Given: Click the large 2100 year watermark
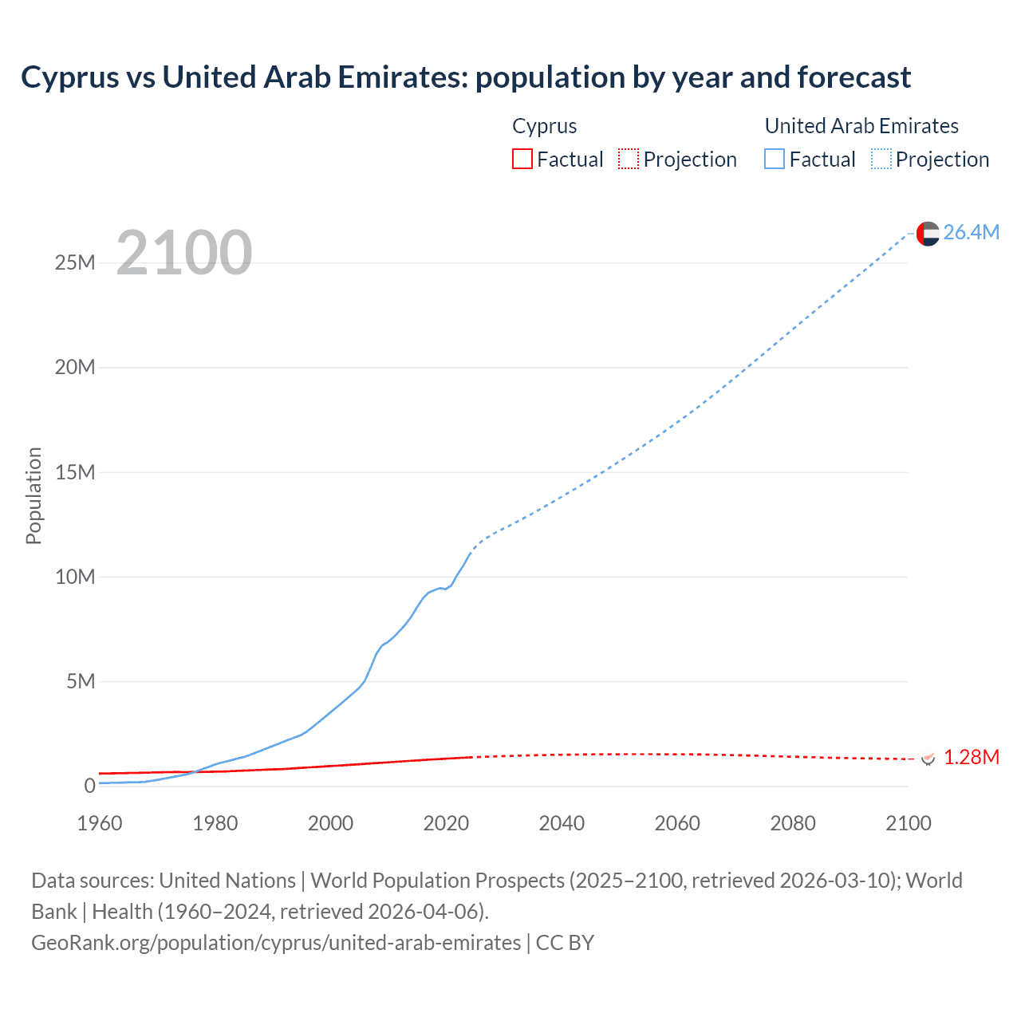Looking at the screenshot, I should (x=184, y=253).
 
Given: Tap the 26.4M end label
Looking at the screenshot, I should (x=971, y=232).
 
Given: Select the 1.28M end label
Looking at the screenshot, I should (x=971, y=757).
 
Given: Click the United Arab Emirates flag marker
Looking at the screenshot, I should (x=928, y=233).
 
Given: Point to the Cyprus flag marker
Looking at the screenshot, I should (x=928, y=758).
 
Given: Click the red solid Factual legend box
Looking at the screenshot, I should (x=522, y=159).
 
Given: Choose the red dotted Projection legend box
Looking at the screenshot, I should (x=629, y=159).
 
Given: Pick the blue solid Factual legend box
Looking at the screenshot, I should (x=775, y=159).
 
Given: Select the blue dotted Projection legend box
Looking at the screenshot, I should (x=881, y=159).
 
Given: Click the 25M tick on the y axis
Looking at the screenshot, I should (x=75, y=262).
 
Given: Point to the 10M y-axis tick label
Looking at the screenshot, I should (x=75, y=577).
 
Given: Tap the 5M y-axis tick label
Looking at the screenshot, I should (x=81, y=681).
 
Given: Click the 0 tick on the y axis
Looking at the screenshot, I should (x=89, y=786).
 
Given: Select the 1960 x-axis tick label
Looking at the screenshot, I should (x=100, y=823).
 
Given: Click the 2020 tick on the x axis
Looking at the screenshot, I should (x=446, y=823).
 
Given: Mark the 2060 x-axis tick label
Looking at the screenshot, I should (x=677, y=823).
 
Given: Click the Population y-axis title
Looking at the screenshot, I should (x=34, y=495).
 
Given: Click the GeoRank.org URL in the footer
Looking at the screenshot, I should (x=276, y=942).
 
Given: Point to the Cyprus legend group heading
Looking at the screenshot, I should (x=544, y=126).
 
